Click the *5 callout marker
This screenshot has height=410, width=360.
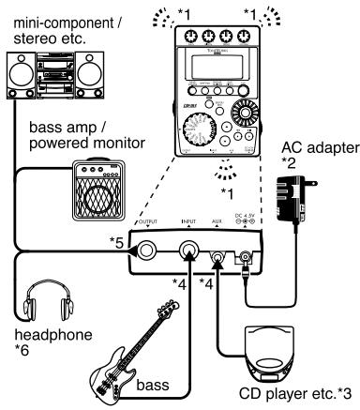pyautogui.click(x=115, y=242)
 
